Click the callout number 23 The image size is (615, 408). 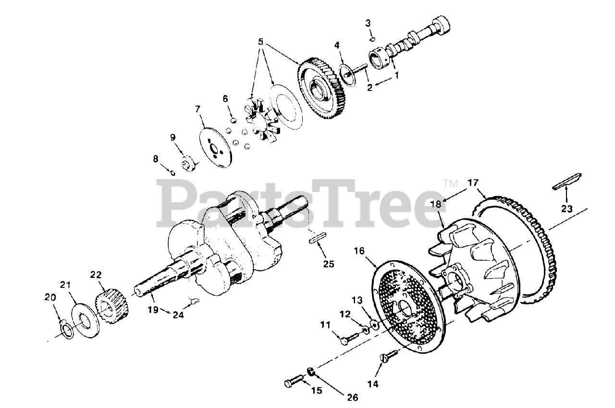point(567,209)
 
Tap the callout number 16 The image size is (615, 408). point(360,251)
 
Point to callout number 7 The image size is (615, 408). point(197,110)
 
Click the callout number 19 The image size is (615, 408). point(153,310)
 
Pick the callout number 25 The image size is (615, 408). point(329,264)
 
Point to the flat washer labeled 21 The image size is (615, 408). point(85,322)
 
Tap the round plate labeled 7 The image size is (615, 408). point(215,147)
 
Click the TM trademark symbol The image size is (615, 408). point(449,182)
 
